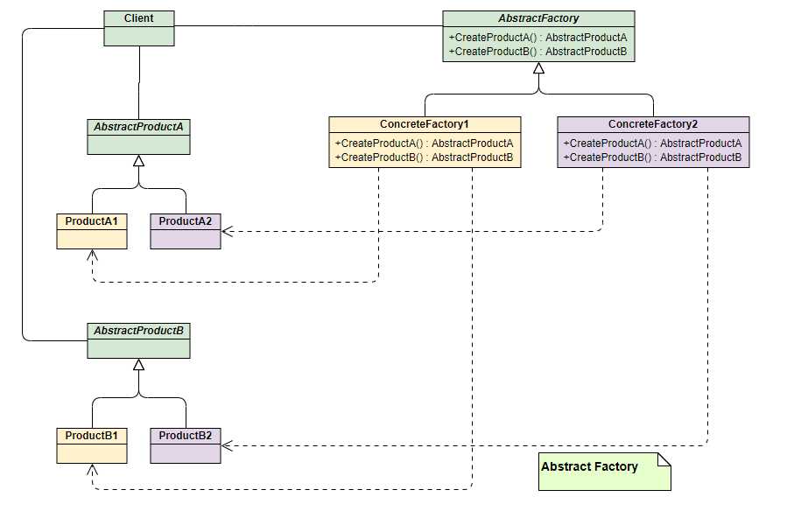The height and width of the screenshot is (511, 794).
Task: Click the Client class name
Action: coord(138,18)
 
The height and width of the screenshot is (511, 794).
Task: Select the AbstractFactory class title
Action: coord(538,18)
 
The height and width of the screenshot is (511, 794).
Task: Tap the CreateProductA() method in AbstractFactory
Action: coord(538,38)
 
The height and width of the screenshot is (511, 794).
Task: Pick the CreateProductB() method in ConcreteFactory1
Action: coord(425,157)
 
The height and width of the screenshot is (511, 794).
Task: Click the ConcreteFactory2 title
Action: coord(653,124)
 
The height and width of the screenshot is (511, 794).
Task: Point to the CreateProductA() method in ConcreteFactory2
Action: coord(652,143)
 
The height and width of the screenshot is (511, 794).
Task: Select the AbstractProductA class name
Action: coord(138,127)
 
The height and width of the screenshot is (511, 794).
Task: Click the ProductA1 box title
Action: coord(91,221)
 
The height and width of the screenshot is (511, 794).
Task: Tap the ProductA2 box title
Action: coord(186,221)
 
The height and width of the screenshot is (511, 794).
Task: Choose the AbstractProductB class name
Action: coord(138,331)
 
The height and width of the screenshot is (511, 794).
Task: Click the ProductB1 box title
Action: coord(91,435)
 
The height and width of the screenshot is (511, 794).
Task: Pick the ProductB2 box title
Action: coord(186,435)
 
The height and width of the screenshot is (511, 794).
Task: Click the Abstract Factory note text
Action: coord(589,466)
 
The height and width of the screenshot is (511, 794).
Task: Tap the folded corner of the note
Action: coord(664,458)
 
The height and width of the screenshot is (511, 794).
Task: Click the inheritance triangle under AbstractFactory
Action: coord(538,67)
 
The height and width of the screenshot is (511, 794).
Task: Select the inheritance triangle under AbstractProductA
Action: coord(138,160)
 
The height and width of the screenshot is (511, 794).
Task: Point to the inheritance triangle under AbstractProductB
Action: coord(138,364)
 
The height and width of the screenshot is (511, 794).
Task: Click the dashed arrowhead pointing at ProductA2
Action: coord(227,232)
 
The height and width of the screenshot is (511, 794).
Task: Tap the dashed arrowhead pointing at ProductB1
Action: coord(92,470)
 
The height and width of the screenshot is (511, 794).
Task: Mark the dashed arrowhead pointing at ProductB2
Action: coord(227,445)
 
